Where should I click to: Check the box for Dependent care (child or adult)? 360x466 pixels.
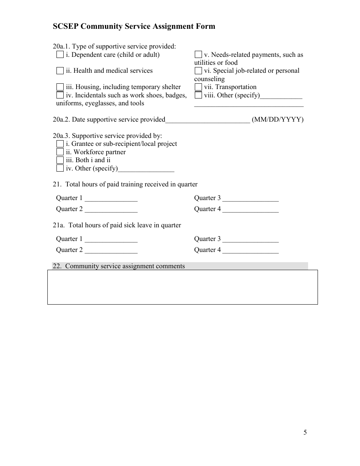click(x=60, y=55)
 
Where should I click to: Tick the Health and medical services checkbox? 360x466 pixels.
click(x=60, y=70)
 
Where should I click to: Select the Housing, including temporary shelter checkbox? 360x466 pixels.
click(x=60, y=87)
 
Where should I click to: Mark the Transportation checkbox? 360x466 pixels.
click(x=198, y=87)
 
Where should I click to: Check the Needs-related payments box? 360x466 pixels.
click(x=198, y=55)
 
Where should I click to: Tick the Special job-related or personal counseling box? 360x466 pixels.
click(x=198, y=70)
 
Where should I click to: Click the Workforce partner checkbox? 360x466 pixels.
click(x=60, y=152)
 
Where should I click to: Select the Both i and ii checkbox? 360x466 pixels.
click(x=60, y=160)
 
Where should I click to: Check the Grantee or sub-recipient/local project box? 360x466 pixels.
click(x=60, y=144)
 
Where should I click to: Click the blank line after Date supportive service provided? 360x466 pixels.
click(x=208, y=120)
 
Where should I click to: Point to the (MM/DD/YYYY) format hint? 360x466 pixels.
click(x=278, y=120)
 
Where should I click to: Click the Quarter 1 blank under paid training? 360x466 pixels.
click(x=111, y=198)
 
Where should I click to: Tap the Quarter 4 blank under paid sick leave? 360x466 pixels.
click(x=250, y=250)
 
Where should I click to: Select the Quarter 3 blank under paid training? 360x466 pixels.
click(x=250, y=198)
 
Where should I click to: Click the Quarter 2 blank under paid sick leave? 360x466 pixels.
click(x=111, y=250)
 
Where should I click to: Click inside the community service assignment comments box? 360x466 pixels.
click(x=182, y=287)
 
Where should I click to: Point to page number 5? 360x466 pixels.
click(x=305, y=433)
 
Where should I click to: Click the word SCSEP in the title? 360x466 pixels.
click(x=66, y=26)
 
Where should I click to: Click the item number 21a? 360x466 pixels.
click(x=58, y=225)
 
